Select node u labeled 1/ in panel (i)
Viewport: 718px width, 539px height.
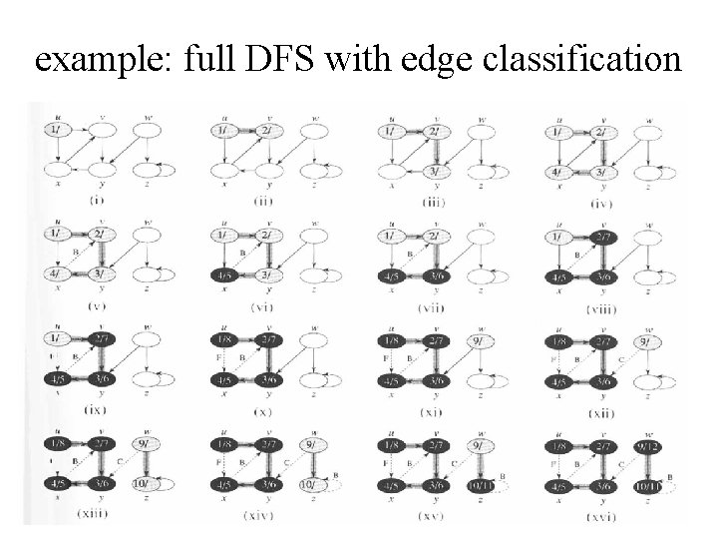click(x=55, y=130)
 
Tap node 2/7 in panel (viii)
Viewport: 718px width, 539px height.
click(x=601, y=235)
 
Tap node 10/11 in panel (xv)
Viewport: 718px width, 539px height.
click(x=479, y=485)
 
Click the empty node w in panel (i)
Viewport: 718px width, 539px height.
click(x=147, y=130)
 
